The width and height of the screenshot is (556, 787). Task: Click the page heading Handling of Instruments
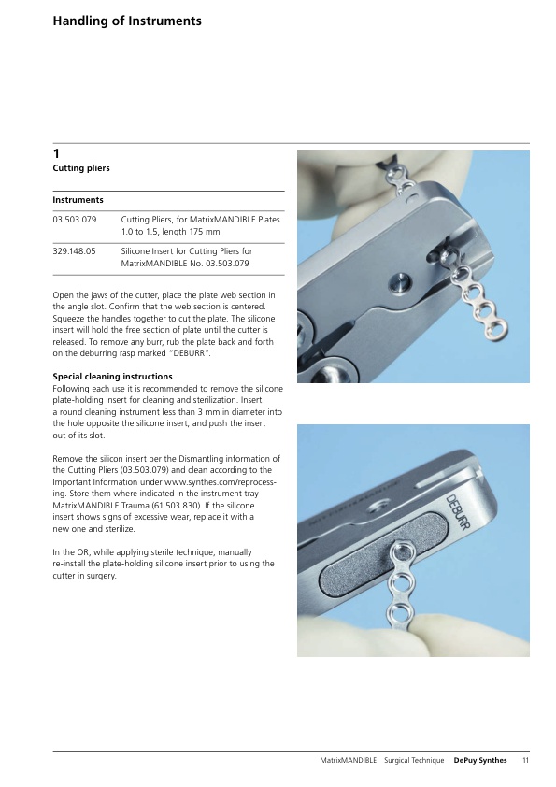point(127,21)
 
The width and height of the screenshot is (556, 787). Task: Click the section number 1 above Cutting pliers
point(56,153)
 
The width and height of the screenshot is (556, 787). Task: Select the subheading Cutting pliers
point(81,168)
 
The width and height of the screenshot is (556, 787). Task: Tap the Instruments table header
point(78,200)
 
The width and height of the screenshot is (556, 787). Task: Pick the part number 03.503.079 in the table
point(74,220)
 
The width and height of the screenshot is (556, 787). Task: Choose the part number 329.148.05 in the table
point(74,250)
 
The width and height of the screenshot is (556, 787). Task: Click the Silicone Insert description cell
point(186,257)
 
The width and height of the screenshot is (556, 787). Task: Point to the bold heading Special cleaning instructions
point(112,377)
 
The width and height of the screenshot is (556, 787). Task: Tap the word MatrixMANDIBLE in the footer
point(349,761)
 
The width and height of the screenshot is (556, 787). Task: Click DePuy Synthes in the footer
point(480,761)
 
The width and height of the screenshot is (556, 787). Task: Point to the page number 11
point(525,761)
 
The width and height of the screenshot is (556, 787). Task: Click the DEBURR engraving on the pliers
point(458,512)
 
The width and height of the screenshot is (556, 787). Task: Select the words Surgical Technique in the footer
point(414,761)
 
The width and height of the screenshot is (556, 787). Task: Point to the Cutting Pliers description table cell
point(200,225)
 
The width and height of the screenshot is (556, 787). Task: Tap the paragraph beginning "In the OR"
point(164,564)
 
